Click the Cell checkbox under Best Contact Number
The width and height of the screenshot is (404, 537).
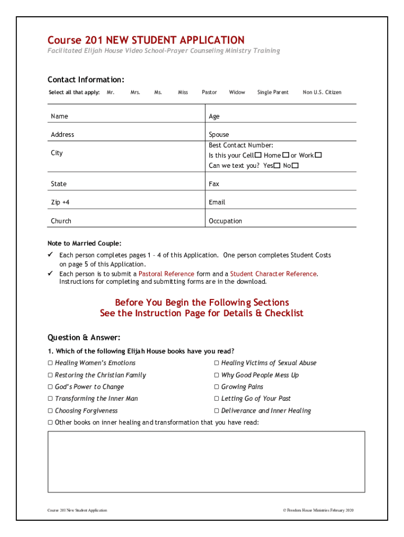click(x=258, y=155)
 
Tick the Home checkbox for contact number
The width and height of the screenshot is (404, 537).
click(x=285, y=155)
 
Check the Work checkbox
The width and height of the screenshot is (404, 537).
click(x=318, y=155)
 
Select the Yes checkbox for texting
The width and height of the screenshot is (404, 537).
click(x=277, y=166)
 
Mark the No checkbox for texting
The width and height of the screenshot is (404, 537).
click(x=295, y=166)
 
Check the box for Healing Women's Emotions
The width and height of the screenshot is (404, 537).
click(x=50, y=363)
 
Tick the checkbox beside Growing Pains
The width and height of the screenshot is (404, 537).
click(x=217, y=387)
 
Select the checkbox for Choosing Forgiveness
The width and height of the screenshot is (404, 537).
click(x=50, y=411)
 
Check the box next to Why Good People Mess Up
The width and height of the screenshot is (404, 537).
click(x=217, y=375)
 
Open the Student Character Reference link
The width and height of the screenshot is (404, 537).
click(x=273, y=274)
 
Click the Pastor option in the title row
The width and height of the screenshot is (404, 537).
click(x=209, y=92)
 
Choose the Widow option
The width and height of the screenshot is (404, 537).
click(x=237, y=92)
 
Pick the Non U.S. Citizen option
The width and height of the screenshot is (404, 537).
click(x=322, y=92)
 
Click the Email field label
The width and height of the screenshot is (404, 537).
click(x=217, y=202)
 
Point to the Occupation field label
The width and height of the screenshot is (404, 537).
click(x=226, y=221)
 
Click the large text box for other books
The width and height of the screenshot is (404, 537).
click(x=206, y=461)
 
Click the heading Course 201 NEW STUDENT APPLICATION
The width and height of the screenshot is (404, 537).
click(x=146, y=40)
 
